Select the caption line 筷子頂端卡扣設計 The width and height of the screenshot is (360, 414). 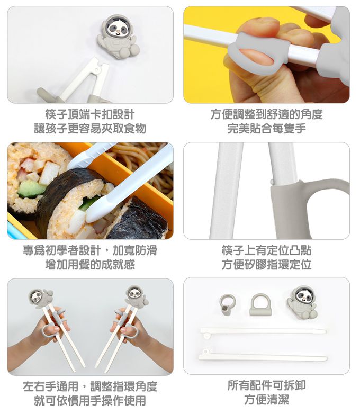90,114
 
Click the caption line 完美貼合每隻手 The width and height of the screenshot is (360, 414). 266,129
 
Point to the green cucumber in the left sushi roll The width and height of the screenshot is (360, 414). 32,188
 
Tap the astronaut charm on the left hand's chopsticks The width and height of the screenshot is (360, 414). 38,298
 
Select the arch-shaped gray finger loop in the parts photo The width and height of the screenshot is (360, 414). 260,304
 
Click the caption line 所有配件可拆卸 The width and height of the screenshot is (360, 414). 266,385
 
